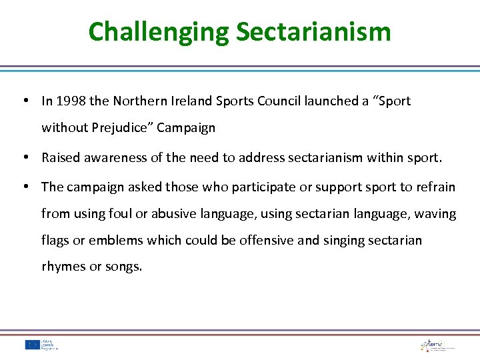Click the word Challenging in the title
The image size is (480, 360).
(158, 32)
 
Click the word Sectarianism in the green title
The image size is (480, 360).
(313, 32)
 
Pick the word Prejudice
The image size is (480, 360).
(121, 127)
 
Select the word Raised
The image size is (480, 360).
(59, 157)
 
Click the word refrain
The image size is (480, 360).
(436, 187)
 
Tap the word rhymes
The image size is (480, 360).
(63, 267)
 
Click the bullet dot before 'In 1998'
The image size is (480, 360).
(24, 101)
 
